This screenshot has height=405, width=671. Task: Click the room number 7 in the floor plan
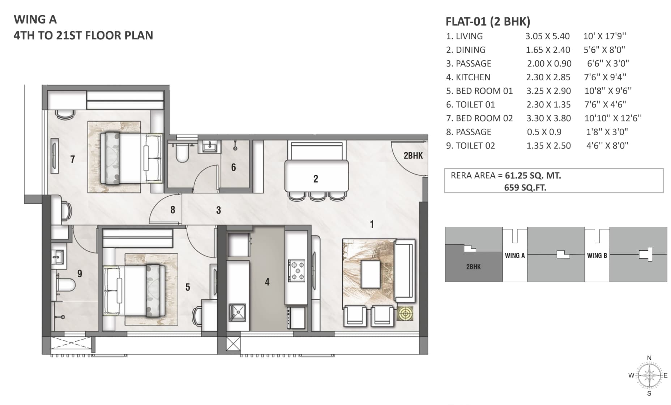(73, 159)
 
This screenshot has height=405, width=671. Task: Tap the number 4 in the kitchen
(267, 282)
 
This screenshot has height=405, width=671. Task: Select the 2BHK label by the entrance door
(413, 155)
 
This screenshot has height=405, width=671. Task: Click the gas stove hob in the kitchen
(296, 270)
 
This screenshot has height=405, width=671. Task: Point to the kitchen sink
(237, 312)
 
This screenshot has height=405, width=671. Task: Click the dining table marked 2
(317, 176)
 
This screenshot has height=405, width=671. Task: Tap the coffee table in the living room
(371, 274)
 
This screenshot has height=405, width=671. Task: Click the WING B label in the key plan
(597, 255)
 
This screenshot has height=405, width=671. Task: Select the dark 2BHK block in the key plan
(474, 263)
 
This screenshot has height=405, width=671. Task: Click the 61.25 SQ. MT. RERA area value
(533, 176)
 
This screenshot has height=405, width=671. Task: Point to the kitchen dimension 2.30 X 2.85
(548, 77)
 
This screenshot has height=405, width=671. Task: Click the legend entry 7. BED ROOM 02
(479, 118)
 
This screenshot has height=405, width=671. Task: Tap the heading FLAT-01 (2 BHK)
(488, 21)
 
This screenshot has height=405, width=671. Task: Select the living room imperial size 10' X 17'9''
(604, 36)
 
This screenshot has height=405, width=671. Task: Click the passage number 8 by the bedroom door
(173, 210)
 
